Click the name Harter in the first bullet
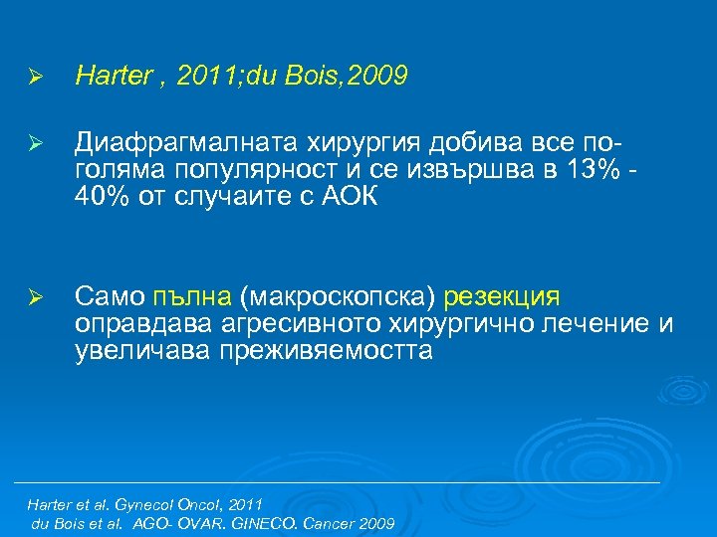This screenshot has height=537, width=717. click(111, 77)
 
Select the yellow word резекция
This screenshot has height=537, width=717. click(502, 297)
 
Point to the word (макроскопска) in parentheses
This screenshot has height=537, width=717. click(338, 297)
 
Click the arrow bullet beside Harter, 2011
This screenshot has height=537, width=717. click(34, 78)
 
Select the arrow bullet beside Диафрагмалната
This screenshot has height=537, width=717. click(34, 144)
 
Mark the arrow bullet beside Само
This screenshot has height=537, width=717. click(34, 298)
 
